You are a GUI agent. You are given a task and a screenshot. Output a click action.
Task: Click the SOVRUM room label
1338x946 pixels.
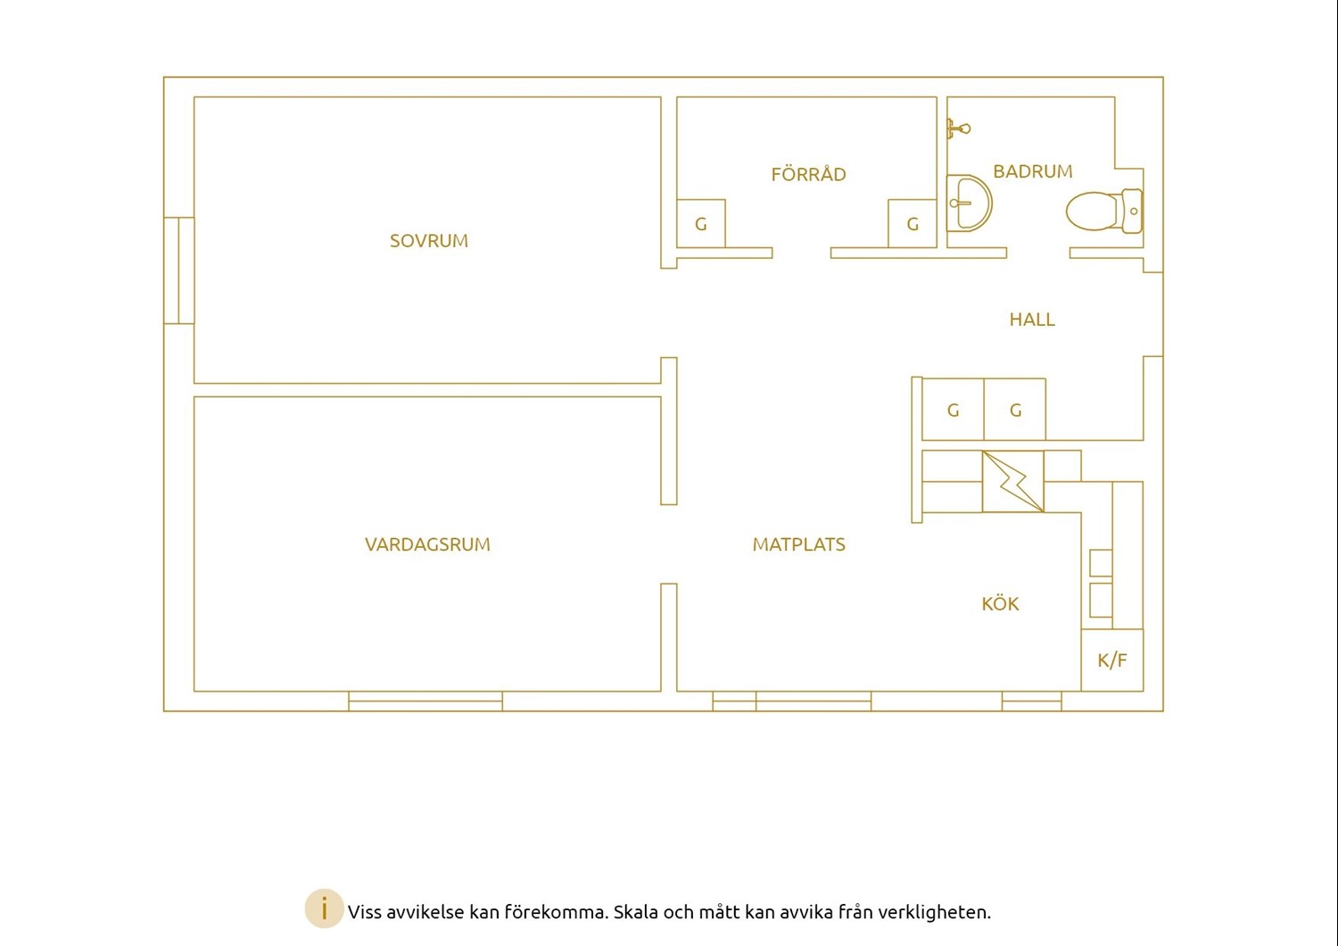[x=429, y=241]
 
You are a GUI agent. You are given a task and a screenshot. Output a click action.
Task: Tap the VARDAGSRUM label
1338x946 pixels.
[x=427, y=544]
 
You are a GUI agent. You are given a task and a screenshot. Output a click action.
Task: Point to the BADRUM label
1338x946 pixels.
[x=1033, y=171]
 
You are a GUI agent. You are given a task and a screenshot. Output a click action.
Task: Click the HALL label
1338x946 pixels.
[x=1032, y=319]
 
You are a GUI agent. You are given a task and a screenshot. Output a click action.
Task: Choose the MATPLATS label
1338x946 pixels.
[x=798, y=544]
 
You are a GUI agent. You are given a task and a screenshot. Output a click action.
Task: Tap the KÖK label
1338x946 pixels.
[x=1000, y=603]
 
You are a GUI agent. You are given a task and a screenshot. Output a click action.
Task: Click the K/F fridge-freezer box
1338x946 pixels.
[x=1112, y=660]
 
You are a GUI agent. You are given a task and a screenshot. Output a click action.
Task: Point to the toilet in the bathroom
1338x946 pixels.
[x=1104, y=211]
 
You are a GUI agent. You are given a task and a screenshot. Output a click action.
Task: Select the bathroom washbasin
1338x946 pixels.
[x=969, y=203]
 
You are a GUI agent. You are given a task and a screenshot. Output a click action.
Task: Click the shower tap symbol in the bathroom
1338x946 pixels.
[x=958, y=129]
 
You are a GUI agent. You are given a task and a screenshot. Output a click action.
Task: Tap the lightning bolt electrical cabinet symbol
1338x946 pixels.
[x=1013, y=481]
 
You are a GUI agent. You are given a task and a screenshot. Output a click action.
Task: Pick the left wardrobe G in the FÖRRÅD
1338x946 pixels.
[x=700, y=223]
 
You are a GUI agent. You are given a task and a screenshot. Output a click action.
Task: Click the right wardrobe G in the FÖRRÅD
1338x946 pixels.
[x=913, y=223]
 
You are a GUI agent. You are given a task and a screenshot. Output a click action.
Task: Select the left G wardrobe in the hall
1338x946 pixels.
[x=953, y=410]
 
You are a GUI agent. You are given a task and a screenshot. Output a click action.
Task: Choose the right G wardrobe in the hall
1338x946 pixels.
[x=1015, y=410]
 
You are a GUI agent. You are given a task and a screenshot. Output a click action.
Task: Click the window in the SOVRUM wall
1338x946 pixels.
[x=179, y=270]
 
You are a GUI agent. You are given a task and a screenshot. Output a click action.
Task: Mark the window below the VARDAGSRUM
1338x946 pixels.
[x=425, y=701]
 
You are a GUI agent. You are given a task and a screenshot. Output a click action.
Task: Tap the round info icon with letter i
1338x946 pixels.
[x=324, y=909]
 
